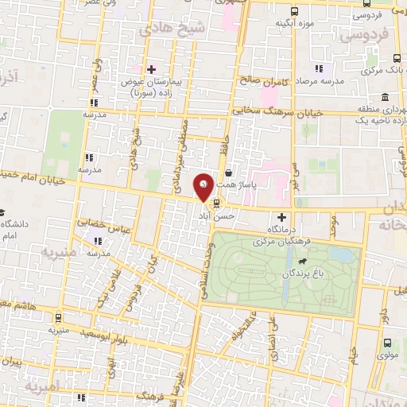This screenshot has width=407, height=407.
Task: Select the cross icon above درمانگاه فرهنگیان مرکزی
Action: (x=281, y=217)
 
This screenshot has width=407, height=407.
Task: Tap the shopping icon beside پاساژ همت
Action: (x=229, y=172)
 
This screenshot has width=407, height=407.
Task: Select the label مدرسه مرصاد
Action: (x=320, y=82)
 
